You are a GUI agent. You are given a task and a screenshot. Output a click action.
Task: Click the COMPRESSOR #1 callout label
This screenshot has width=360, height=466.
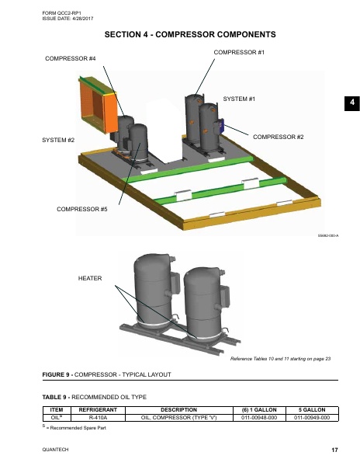(x=239, y=52)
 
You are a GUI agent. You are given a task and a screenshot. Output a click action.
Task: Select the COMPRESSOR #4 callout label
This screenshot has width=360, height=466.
(x=71, y=58)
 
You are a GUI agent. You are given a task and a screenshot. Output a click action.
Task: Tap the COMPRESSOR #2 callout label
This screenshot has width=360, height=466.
(x=278, y=137)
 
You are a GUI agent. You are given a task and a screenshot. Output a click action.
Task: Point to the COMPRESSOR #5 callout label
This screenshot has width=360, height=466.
(x=82, y=209)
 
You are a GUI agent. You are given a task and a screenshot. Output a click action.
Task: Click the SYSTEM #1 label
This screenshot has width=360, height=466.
(x=239, y=99)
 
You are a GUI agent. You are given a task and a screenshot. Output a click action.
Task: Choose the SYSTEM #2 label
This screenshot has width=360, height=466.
(x=58, y=140)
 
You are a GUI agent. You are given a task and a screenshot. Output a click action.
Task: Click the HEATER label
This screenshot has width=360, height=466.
(x=90, y=279)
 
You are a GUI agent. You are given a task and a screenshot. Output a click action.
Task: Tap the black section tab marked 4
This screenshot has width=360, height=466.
(x=352, y=103)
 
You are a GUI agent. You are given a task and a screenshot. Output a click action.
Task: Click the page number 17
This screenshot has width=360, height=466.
(x=334, y=450)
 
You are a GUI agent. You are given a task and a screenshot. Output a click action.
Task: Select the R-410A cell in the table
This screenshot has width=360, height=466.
(x=98, y=418)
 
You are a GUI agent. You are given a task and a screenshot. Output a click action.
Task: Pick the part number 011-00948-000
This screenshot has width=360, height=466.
(x=259, y=418)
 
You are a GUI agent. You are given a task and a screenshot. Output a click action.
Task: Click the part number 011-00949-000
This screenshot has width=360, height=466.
(x=312, y=418)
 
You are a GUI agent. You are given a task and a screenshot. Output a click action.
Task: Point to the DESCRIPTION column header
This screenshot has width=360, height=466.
(x=178, y=410)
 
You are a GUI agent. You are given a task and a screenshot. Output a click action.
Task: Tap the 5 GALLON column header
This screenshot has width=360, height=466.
(x=312, y=410)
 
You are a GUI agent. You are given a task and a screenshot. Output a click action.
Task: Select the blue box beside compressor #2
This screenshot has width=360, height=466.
(x=221, y=125)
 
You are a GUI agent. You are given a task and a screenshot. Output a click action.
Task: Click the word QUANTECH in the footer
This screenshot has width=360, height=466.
(x=55, y=450)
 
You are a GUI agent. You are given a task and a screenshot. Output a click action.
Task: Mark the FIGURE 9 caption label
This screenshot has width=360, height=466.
(x=57, y=374)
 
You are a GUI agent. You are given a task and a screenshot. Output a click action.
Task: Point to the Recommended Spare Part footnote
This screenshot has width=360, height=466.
(x=74, y=428)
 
